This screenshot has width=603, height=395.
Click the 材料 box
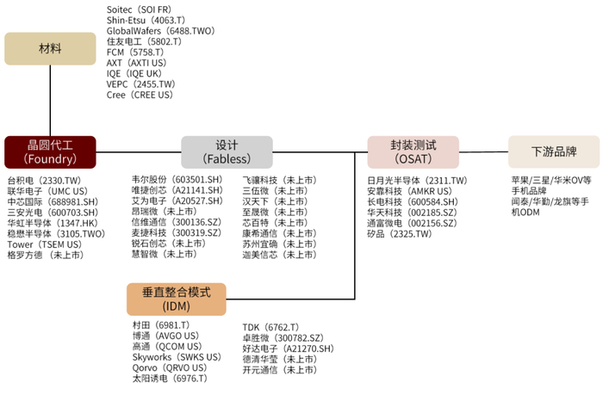click(50, 48)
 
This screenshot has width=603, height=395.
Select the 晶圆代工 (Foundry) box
click(50, 151)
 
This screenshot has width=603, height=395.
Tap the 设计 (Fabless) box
click(227, 151)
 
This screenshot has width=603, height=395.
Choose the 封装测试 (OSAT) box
click(413, 151)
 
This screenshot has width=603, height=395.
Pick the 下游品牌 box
click(553, 151)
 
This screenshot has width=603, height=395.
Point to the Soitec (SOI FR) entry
click(138, 10)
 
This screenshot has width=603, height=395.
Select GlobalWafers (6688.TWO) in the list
click(159, 30)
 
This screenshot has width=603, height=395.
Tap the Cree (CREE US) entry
click(140, 95)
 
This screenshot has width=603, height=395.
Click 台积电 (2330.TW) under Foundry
click(44, 181)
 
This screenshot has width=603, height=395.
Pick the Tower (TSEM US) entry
click(44, 244)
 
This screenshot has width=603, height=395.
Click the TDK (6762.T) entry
click(270, 328)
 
